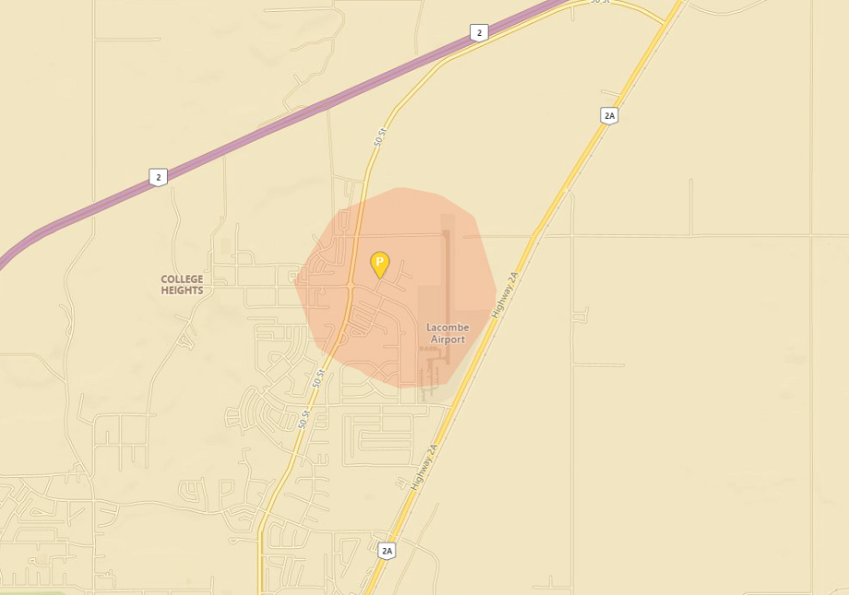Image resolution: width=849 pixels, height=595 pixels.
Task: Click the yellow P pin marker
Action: (x=379, y=264)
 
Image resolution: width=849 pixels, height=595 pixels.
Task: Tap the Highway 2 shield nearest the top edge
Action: (x=478, y=33)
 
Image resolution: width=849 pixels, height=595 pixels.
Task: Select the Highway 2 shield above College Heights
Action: (x=159, y=176)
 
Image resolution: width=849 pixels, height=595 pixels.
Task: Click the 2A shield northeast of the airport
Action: (x=608, y=115)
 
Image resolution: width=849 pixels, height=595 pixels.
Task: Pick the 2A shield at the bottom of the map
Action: (x=387, y=551)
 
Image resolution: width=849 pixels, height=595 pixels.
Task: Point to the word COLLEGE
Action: (x=182, y=280)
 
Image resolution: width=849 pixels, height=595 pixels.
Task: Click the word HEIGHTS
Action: (x=182, y=291)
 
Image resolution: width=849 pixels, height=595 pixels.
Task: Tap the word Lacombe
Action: (x=448, y=327)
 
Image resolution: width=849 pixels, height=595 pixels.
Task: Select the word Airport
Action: (x=448, y=339)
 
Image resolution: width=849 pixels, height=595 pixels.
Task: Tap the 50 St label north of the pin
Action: (x=380, y=137)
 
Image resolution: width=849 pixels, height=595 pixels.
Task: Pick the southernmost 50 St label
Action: (x=304, y=420)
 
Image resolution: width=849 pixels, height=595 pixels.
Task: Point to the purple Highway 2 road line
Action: (x=277, y=128)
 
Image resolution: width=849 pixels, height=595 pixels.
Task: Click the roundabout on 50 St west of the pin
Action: (x=351, y=288)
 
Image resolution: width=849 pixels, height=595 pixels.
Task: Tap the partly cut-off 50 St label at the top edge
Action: (x=600, y=2)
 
